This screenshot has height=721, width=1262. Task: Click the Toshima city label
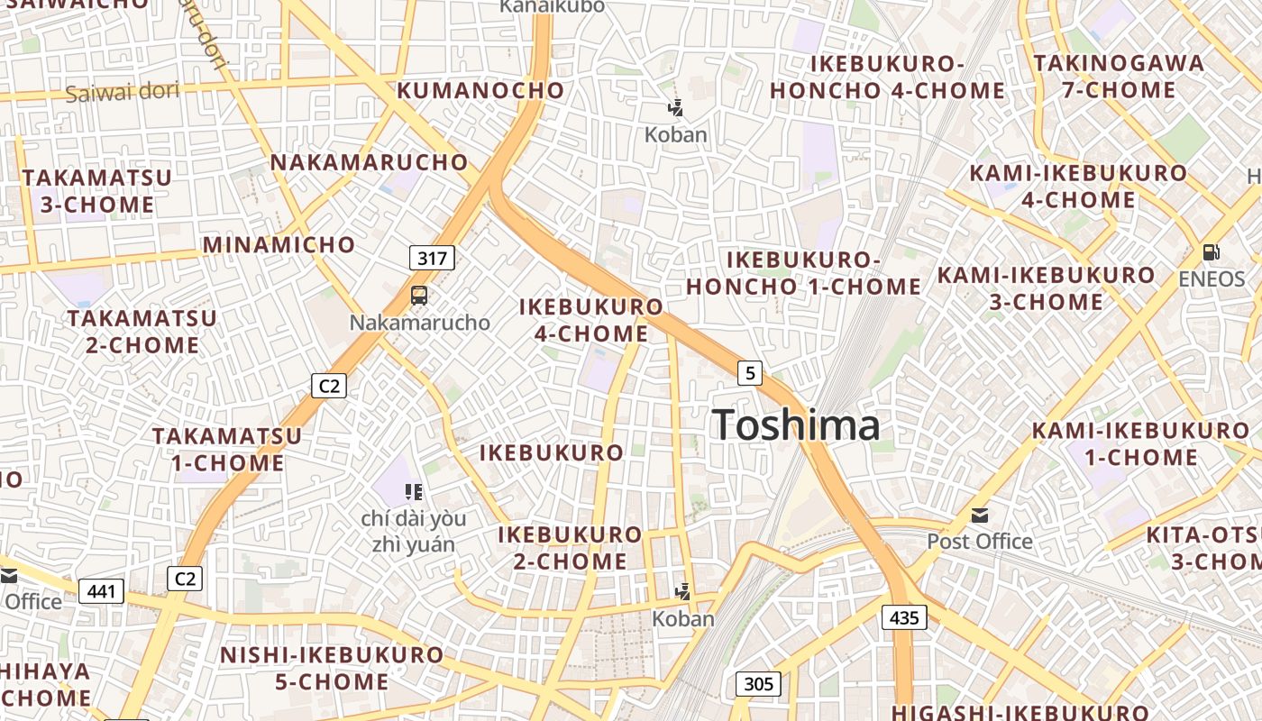(796, 424)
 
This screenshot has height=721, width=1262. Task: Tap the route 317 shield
(433, 259)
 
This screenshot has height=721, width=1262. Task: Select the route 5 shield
(750, 372)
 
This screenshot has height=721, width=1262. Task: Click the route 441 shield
(101, 591)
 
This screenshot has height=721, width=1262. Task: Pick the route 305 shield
(758, 684)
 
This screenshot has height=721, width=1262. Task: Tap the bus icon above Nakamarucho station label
(419, 295)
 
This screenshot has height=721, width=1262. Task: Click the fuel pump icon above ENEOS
(1212, 252)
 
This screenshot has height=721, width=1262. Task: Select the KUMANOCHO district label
(480, 90)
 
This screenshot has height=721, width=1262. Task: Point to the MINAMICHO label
(279, 244)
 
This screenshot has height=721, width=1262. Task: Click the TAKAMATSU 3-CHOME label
(97, 191)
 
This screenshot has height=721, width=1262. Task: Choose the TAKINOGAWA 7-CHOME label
(1119, 77)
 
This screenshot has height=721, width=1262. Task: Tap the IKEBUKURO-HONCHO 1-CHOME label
(803, 273)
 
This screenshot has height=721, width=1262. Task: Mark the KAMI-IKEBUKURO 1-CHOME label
(1140, 443)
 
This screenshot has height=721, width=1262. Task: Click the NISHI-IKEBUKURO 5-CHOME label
(332, 668)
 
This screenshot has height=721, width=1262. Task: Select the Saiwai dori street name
(122, 91)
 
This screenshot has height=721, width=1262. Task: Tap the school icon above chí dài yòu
(414, 492)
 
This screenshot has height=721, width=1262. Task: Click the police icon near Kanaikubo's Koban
(675, 109)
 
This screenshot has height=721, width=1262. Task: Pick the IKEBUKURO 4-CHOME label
(591, 320)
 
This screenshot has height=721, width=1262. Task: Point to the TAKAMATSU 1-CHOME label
(227, 449)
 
